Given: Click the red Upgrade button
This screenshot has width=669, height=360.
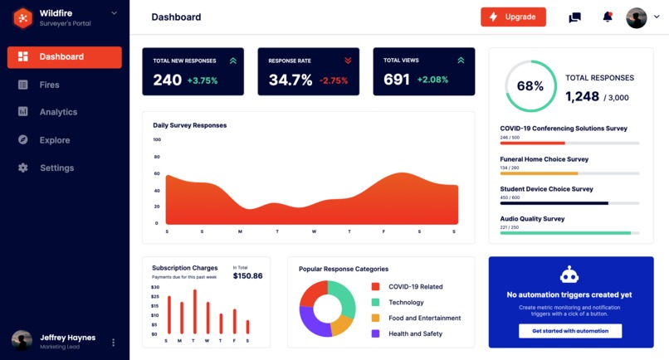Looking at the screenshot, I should click(513, 17).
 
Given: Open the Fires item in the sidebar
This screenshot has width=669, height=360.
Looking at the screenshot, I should click(49, 85).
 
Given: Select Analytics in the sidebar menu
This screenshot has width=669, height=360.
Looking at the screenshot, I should click(58, 112).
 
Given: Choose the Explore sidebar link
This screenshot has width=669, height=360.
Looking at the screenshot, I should click(55, 140).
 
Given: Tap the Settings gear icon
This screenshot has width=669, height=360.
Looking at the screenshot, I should click(23, 168).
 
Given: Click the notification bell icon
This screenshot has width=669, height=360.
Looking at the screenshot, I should click(608, 17).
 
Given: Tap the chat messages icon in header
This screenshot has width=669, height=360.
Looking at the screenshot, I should click(574, 17).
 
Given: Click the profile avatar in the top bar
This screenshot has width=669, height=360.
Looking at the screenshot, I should click(637, 17).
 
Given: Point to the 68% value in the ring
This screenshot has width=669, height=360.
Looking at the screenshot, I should click(530, 86).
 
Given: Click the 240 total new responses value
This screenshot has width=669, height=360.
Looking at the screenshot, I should click(167, 80).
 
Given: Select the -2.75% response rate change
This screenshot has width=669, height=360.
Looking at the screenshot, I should click(334, 80).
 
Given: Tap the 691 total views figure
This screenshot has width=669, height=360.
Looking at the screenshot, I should click(397, 80).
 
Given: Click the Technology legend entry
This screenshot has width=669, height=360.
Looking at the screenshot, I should click(406, 303).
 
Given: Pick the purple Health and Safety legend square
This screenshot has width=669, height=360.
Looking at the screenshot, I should click(375, 333).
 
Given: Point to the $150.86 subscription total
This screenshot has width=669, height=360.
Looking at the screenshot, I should click(247, 276).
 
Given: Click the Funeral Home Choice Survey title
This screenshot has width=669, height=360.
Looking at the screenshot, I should click(544, 159).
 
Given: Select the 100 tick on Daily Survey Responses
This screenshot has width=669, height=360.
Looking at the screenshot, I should click(157, 139).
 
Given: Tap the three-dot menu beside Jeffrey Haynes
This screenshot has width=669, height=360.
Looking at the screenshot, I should click(114, 343).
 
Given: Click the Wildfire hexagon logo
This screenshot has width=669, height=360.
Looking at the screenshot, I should click(23, 17).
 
